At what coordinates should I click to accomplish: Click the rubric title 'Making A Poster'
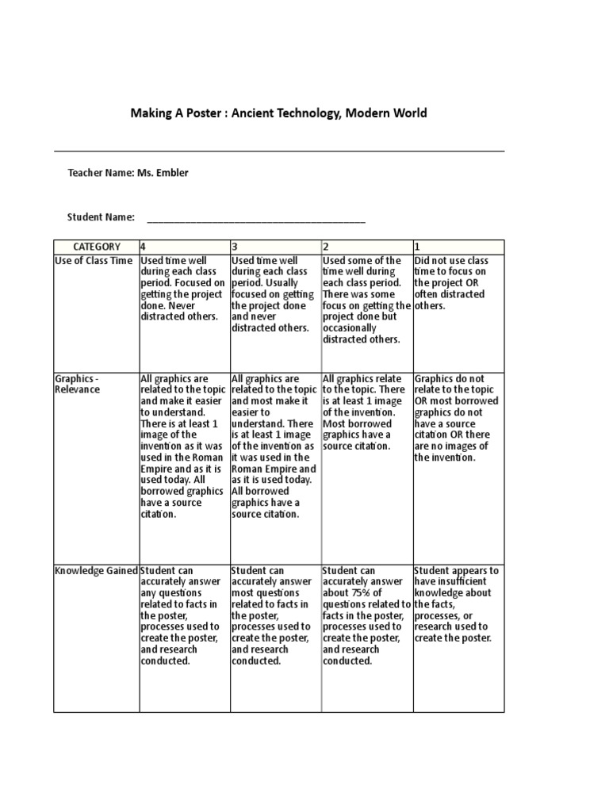[174, 113]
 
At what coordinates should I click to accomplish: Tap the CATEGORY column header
[97, 247]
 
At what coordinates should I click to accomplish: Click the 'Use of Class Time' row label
[94, 261]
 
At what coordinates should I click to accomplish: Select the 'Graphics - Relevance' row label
[78, 385]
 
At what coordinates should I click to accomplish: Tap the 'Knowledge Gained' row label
[96, 571]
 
